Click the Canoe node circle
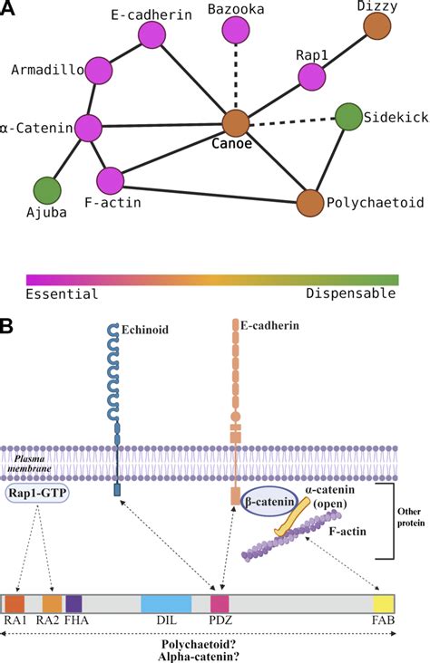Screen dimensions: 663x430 (236, 123)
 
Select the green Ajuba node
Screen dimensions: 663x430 (47, 190)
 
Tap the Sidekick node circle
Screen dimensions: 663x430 (348, 117)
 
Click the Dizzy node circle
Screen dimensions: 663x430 (377, 27)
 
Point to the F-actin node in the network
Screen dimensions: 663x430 (111, 180)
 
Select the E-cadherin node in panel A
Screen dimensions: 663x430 (151, 35)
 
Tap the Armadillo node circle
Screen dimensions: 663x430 (98, 70)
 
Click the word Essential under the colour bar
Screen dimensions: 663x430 (62, 293)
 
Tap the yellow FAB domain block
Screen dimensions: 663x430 (384, 604)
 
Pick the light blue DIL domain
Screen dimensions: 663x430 (166, 604)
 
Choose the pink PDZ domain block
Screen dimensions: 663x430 (220, 604)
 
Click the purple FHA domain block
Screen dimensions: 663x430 (73, 604)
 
